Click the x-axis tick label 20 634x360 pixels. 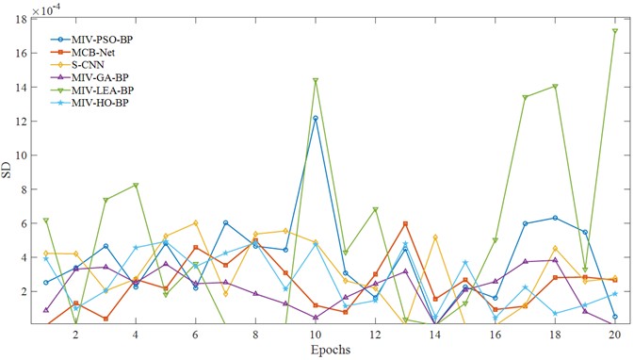[614, 335]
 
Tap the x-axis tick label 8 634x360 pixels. [255, 335]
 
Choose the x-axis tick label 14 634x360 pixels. [434, 335]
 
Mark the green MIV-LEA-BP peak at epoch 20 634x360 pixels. [615, 31]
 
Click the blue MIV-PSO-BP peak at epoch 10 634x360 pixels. [316, 118]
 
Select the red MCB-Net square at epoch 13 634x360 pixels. [405, 223]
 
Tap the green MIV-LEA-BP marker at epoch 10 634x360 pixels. [316, 81]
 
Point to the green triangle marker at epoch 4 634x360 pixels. [136, 186]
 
